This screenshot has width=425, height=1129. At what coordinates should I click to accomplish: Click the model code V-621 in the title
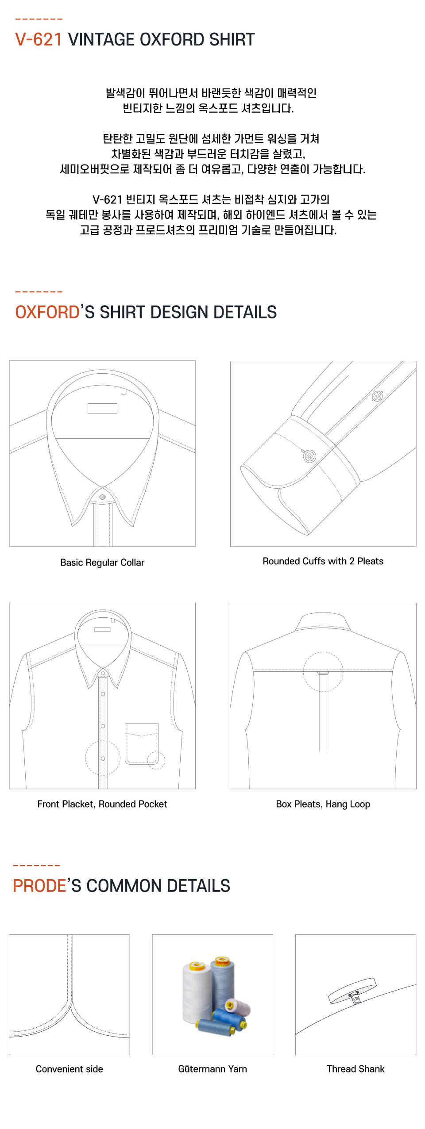[x=39, y=40]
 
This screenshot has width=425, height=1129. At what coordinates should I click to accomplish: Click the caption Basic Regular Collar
[x=102, y=563]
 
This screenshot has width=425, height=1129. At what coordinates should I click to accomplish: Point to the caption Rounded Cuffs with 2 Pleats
[x=323, y=561]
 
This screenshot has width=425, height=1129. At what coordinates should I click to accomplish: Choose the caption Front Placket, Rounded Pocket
[x=102, y=804]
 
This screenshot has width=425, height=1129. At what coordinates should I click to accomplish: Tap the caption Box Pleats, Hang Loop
[x=323, y=804]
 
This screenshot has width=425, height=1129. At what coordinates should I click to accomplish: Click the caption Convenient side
[x=70, y=1069]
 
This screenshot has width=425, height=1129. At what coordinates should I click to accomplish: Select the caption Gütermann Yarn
[x=212, y=1069]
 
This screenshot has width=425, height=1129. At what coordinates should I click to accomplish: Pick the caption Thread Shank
[x=355, y=1069]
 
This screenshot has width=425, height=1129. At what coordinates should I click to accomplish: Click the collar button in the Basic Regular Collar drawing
[x=102, y=497]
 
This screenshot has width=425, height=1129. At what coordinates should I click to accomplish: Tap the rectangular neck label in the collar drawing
[x=102, y=408]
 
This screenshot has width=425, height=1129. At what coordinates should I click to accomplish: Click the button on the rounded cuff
[x=309, y=455]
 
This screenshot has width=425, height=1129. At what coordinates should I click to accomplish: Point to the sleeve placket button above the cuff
[x=377, y=396]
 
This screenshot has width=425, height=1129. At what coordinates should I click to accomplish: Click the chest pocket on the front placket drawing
[x=142, y=744]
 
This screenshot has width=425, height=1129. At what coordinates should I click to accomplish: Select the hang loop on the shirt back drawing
[x=323, y=673]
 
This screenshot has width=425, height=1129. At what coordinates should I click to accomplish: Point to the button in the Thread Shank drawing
[x=352, y=991]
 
